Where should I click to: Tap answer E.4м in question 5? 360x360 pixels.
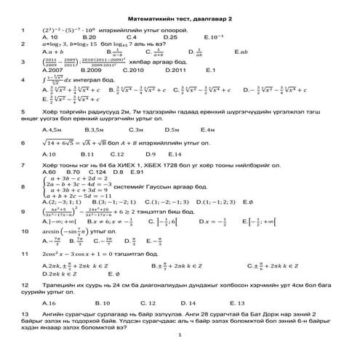pyautogui.click(x=208, y=128)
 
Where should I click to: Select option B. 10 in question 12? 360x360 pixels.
pyautogui.click(x=103, y=302)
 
